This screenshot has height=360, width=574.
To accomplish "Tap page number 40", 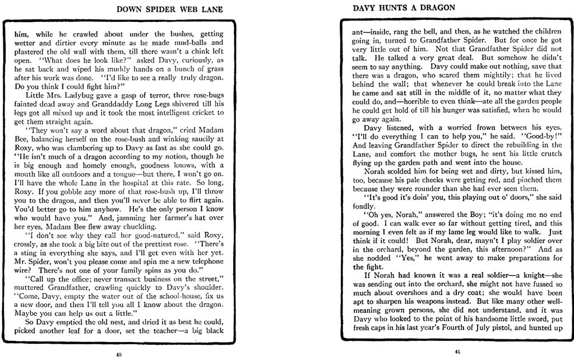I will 118,354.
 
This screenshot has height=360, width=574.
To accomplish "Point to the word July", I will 470,326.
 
